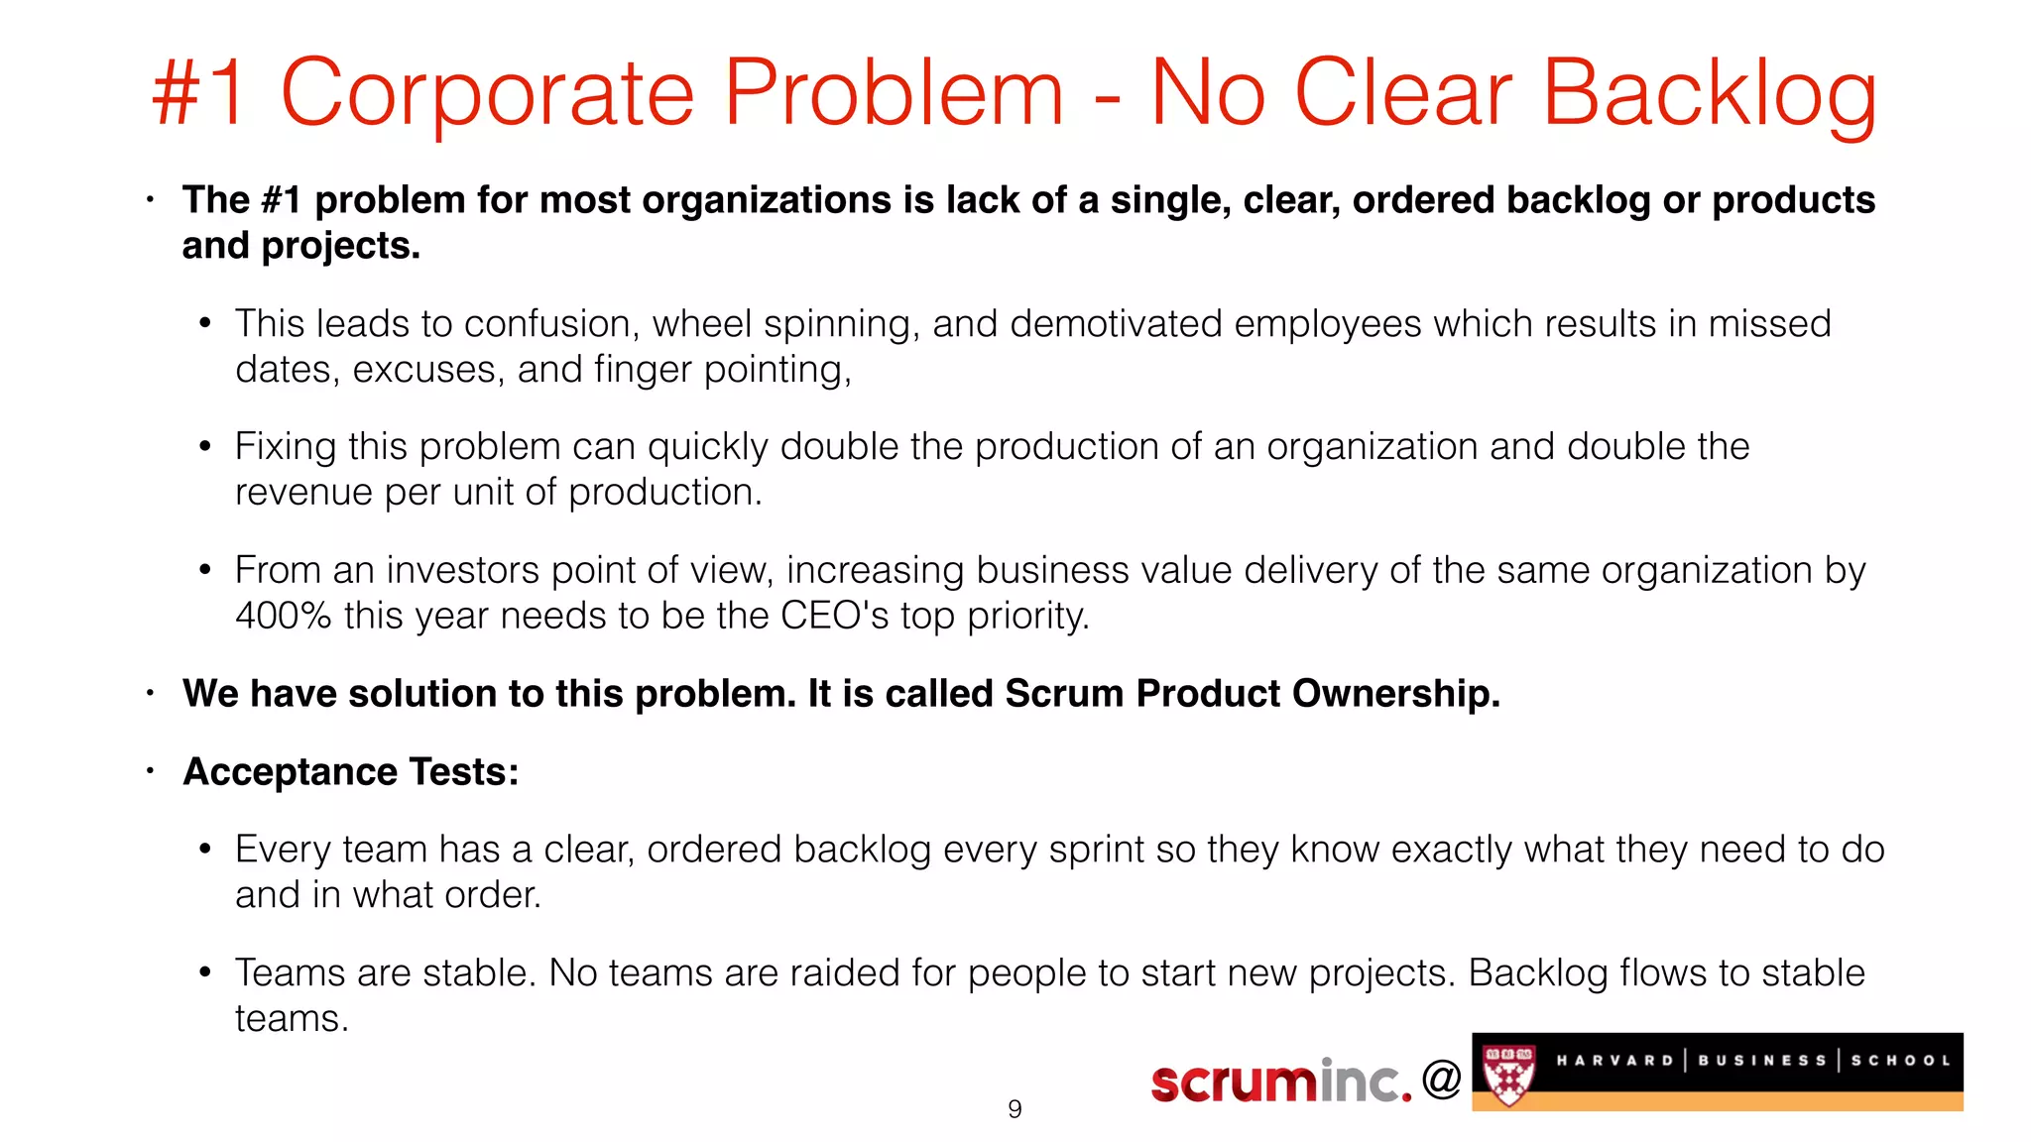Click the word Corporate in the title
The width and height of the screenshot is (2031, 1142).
(488, 94)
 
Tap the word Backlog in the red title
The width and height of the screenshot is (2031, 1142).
(1709, 94)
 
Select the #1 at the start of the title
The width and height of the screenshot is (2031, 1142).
(199, 94)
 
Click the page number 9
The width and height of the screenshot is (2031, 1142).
(1015, 1109)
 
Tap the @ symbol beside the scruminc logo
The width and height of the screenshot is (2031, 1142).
(1441, 1079)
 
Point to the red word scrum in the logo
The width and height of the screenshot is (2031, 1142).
(1235, 1082)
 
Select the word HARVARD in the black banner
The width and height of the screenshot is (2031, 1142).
(1614, 1061)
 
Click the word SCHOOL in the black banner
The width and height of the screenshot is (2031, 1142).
(1900, 1061)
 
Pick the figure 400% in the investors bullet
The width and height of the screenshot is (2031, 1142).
(283, 617)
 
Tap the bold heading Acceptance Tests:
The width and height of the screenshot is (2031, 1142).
(351, 772)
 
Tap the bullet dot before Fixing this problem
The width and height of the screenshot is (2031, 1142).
(205, 447)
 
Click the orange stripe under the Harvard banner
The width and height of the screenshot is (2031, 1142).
(1717, 1101)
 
